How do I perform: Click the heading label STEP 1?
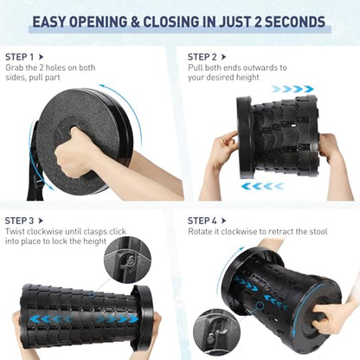(19, 57)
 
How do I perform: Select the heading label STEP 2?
(202, 57)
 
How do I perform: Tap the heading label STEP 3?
(19, 221)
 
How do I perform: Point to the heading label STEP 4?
(202, 221)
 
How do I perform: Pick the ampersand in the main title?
(135, 22)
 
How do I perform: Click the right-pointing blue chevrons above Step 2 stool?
(292, 89)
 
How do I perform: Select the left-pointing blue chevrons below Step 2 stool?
(262, 186)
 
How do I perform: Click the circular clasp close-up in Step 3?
(127, 260)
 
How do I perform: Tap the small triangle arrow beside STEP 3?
(41, 221)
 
